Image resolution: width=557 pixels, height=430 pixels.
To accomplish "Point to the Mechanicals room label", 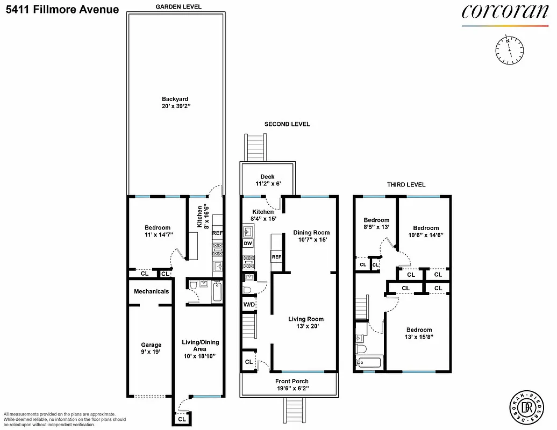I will (151, 292).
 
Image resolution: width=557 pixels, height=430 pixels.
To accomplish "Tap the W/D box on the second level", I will (249, 304).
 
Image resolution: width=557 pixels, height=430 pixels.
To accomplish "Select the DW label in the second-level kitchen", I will (248, 243).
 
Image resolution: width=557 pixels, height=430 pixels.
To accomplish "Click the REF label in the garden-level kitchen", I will (217, 233).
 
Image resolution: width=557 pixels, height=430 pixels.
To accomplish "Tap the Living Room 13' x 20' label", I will (306, 322).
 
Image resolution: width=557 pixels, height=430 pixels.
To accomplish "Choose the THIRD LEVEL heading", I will (406, 185).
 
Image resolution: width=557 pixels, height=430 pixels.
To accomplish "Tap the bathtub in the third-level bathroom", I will (369, 363).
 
